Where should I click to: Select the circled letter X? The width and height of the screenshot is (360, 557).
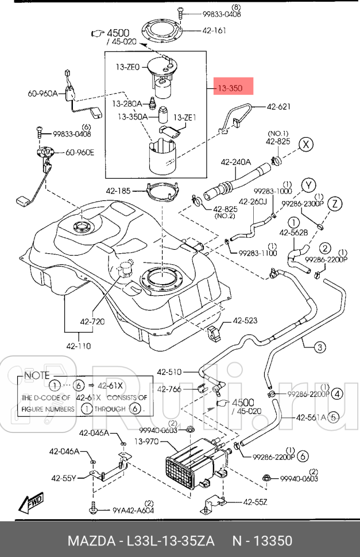pyautogui.click(x=307, y=144)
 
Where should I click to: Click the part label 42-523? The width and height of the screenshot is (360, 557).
pyautogui.click(x=246, y=322)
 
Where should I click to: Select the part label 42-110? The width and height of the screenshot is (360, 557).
pyautogui.click(x=78, y=346)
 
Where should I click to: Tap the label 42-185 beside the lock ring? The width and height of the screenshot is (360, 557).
pyautogui.click(x=118, y=191)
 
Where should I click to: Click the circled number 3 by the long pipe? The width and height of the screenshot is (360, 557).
pyautogui.click(x=320, y=346)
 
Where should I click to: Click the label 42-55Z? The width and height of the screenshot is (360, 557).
pyautogui.click(x=255, y=502)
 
